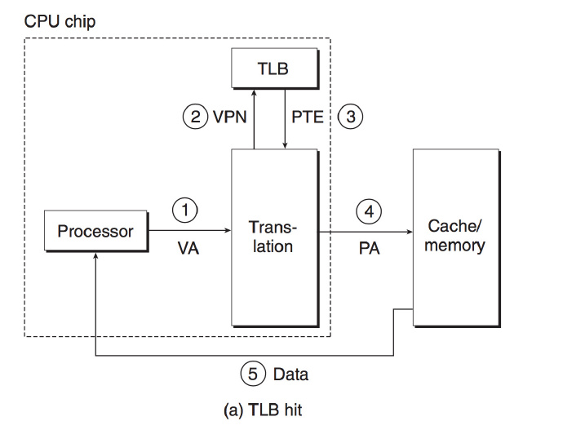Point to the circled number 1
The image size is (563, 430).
[x=186, y=210]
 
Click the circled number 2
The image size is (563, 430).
[x=194, y=116]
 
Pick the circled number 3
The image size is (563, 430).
[x=351, y=116]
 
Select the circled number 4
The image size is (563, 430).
[x=369, y=211]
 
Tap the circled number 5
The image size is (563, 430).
[x=252, y=375]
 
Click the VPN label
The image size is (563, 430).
[x=230, y=117]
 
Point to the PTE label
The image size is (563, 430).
[x=308, y=117]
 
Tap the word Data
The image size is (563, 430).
[x=290, y=375]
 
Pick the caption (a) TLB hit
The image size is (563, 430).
[x=262, y=410]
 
